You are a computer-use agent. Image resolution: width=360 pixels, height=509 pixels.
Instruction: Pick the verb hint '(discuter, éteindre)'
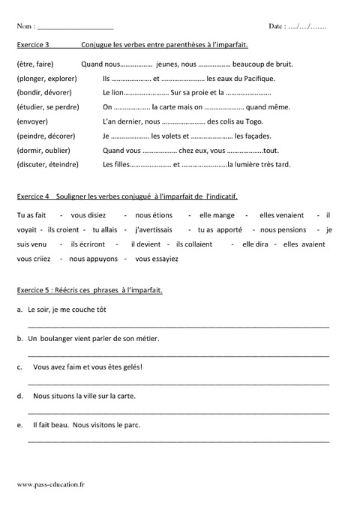[x=47, y=165]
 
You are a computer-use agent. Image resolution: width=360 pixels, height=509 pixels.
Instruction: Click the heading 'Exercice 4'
[x=32, y=196]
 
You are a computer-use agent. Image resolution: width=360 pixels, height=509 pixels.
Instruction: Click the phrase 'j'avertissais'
[x=153, y=229]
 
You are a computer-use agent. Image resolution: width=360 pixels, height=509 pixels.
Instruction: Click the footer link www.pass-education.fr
[x=50, y=487]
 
